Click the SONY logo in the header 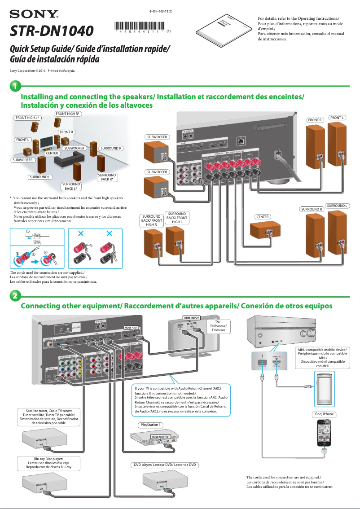(x=34, y=15)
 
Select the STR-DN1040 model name (x=52, y=31)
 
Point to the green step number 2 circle (x=15, y=296)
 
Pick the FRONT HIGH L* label (x=27, y=118)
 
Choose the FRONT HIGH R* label (x=67, y=114)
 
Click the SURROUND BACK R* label (x=107, y=177)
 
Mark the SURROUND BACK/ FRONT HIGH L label (x=177, y=218)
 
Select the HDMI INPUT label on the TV (x=191, y=318)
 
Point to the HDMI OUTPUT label (x=160, y=436)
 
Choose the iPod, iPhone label (x=323, y=414)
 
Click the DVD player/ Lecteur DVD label (x=165, y=465)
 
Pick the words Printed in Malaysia (x=61, y=71)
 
